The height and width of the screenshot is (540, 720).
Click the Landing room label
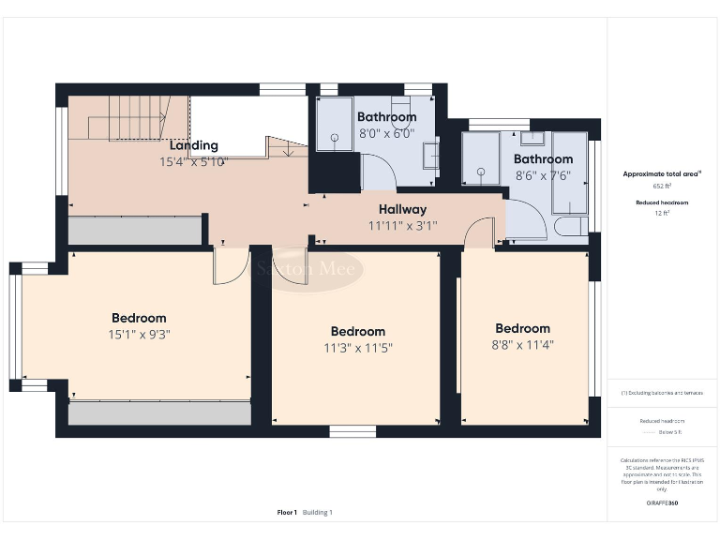(x=193, y=145)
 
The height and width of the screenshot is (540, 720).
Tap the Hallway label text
(x=402, y=209)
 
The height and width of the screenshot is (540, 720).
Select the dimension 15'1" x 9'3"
(x=139, y=334)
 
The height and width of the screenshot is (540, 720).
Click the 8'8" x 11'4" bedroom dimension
(x=522, y=344)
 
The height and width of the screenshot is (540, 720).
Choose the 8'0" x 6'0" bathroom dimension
(x=386, y=133)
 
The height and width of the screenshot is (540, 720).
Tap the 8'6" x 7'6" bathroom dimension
(x=543, y=175)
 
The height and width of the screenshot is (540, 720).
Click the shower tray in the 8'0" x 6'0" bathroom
(x=334, y=124)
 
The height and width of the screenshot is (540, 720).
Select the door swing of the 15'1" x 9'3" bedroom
(x=230, y=267)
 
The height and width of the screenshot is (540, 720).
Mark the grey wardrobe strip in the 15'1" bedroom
(x=159, y=412)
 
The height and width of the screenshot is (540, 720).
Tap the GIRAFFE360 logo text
(x=662, y=503)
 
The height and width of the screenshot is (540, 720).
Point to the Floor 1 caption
(x=287, y=513)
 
